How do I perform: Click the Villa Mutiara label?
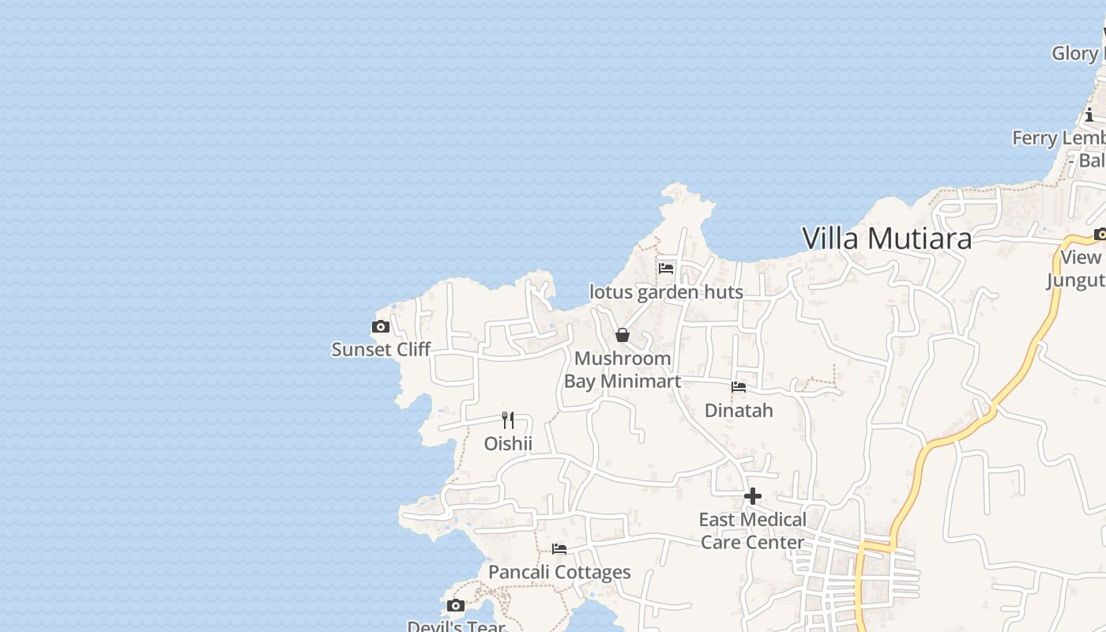tap(886, 238)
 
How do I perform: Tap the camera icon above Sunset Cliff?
tap(381, 326)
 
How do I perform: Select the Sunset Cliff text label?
tap(381, 349)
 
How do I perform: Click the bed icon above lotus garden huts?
tap(666, 268)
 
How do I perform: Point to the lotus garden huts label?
tap(666, 292)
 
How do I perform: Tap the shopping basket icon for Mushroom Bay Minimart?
tap(623, 335)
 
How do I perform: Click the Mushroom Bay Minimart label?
tap(623, 370)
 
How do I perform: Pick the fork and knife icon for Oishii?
tap(508, 420)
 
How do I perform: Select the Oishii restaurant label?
tap(508, 444)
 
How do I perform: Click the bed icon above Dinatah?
tap(739, 387)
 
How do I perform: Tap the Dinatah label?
tap(739, 411)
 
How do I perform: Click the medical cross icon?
tap(753, 496)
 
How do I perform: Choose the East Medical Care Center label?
tap(753, 531)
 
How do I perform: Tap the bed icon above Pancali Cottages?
tap(559, 549)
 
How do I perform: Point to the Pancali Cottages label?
tap(559, 572)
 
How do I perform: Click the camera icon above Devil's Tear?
tap(456, 606)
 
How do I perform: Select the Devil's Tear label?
tap(456, 626)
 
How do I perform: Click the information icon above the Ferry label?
tap(1089, 115)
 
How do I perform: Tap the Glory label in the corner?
tap(1076, 54)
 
